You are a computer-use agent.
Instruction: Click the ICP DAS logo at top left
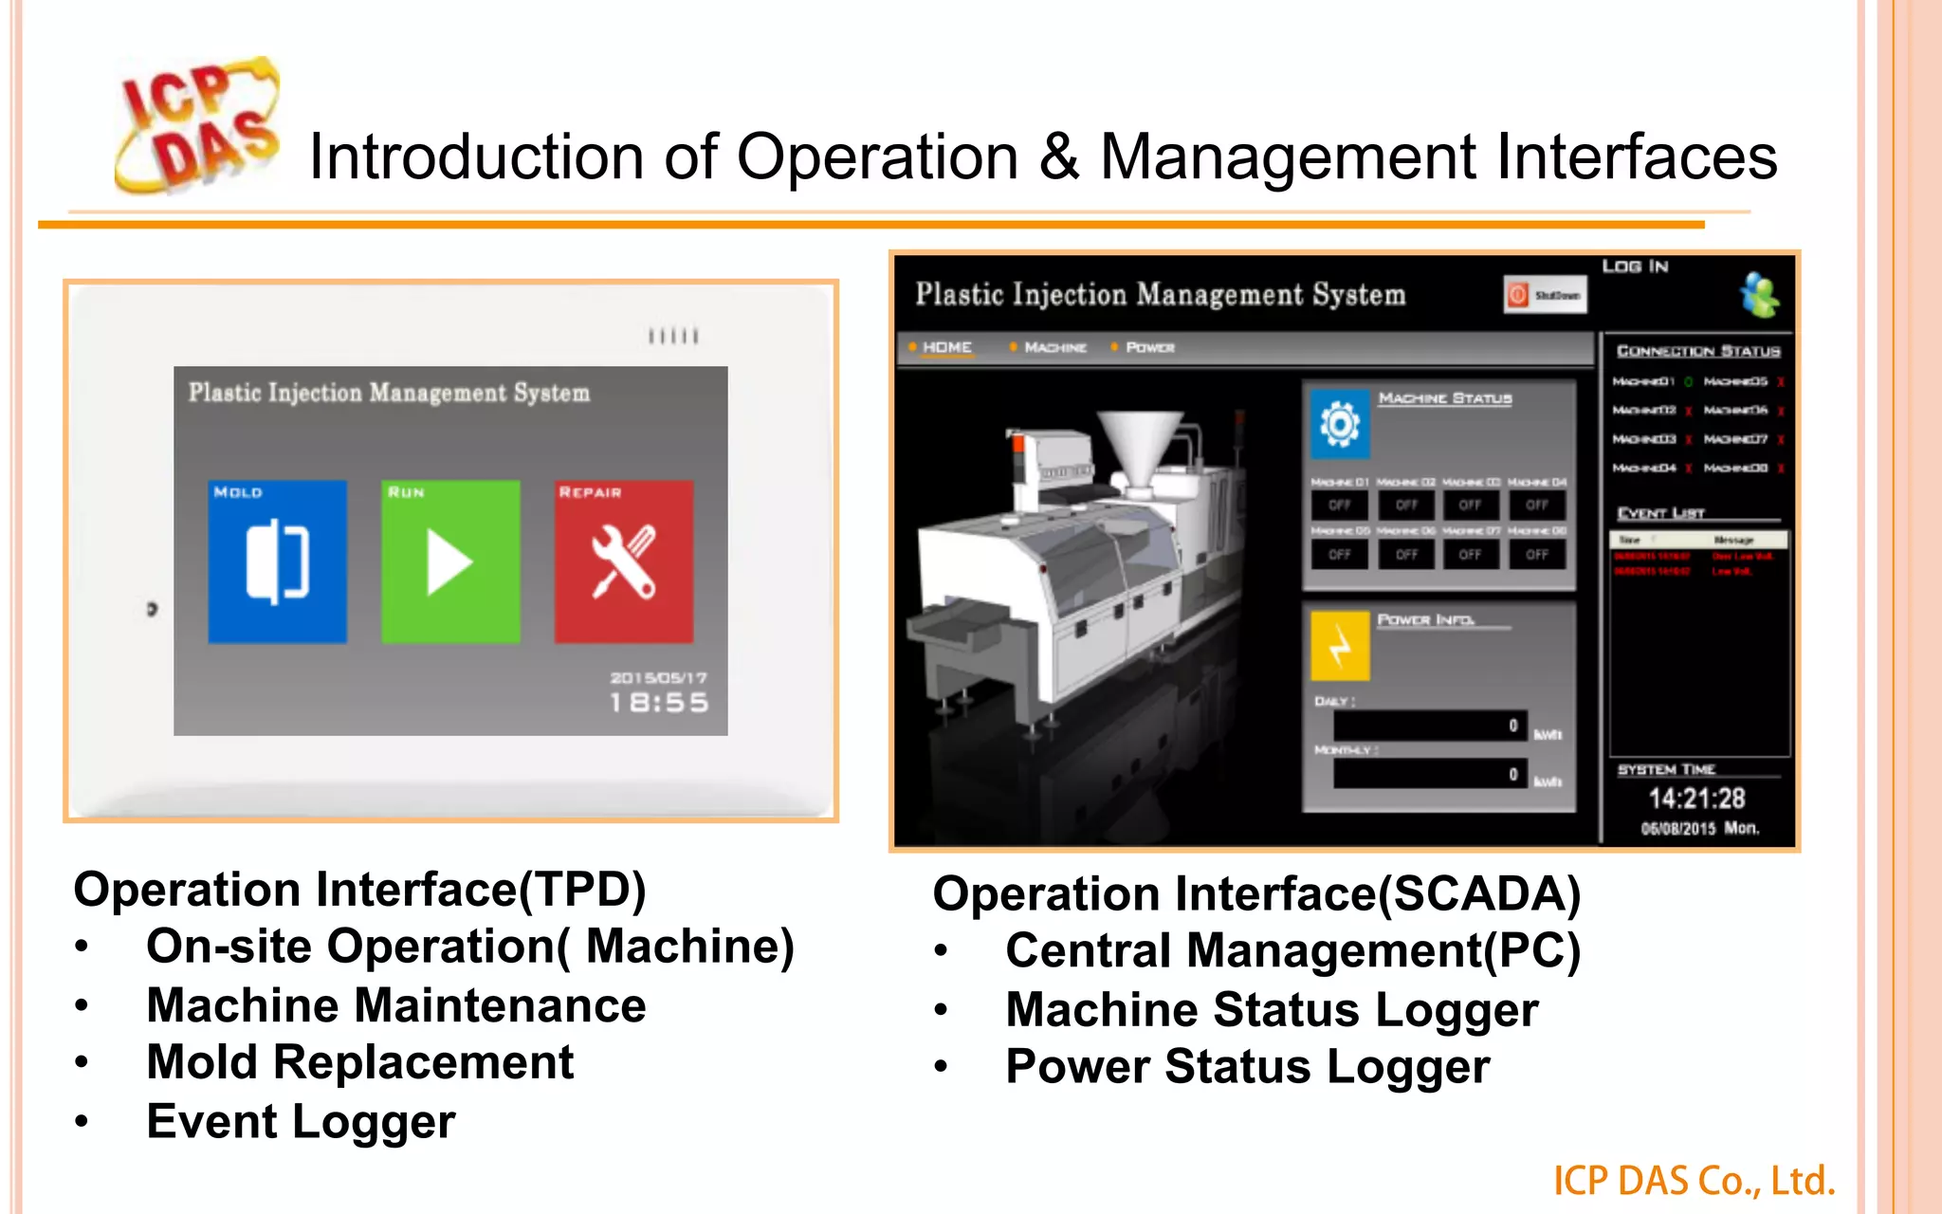pyautogui.click(x=197, y=125)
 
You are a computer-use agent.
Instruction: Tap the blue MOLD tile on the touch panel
pyautogui.click(x=277, y=561)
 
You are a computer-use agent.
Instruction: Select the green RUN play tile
pyautogui.click(x=450, y=561)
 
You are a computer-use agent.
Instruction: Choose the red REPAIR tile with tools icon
pyautogui.click(x=624, y=561)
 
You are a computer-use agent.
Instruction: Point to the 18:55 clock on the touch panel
pyautogui.click(x=659, y=703)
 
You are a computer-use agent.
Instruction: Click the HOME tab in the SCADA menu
pyautogui.click(x=946, y=347)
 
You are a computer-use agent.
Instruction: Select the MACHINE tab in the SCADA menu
pyautogui.click(x=1054, y=347)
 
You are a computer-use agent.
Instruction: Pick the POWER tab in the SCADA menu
pyautogui.click(x=1149, y=347)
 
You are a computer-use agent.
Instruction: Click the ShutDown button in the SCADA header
pyautogui.click(x=1546, y=295)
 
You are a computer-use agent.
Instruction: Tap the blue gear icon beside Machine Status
pyautogui.click(x=1340, y=423)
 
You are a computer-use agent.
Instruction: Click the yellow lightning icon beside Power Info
pyautogui.click(x=1340, y=646)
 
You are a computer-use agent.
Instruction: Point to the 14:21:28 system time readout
pyautogui.click(x=1696, y=798)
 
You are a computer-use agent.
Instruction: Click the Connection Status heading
pyautogui.click(x=1698, y=351)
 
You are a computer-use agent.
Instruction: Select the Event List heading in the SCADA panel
pyautogui.click(x=1661, y=513)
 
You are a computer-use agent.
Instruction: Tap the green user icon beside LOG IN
pyautogui.click(x=1760, y=295)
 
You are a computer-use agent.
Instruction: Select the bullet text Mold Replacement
pyautogui.click(x=360, y=1062)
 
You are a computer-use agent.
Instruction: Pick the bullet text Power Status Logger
pyautogui.click(x=1248, y=1067)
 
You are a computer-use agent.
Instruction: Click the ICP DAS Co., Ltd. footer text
pyautogui.click(x=1694, y=1181)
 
